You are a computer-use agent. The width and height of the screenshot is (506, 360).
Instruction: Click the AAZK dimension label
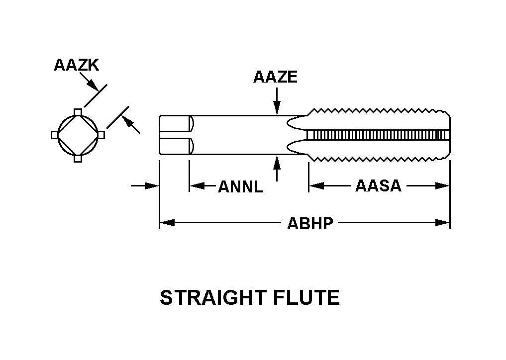pos(77,65)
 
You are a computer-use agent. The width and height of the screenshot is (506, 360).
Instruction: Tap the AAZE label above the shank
pos(275,77)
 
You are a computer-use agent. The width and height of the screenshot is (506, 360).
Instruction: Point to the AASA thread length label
pos(378,186)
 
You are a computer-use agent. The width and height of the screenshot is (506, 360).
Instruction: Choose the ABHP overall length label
pos(310,223)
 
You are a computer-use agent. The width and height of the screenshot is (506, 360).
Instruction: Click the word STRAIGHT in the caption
pos(212,298)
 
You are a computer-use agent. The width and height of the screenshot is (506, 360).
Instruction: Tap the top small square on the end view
pos(78,111)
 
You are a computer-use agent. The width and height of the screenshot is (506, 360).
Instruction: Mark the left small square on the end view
pos(54,135)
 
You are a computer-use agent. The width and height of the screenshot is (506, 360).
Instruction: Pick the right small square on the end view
pos(101,135)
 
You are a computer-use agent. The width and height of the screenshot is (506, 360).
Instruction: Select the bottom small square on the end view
pos(78,159)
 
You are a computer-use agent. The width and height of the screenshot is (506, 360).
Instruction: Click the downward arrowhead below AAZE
pos(277,110)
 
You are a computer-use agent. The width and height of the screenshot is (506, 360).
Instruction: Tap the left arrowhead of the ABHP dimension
pos(166,223)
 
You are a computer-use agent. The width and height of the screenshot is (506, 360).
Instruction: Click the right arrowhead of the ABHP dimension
pos(443,223)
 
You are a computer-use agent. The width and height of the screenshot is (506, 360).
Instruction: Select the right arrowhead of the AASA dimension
pos(443,186)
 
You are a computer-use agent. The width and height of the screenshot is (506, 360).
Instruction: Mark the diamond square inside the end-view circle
pos(78,135)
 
